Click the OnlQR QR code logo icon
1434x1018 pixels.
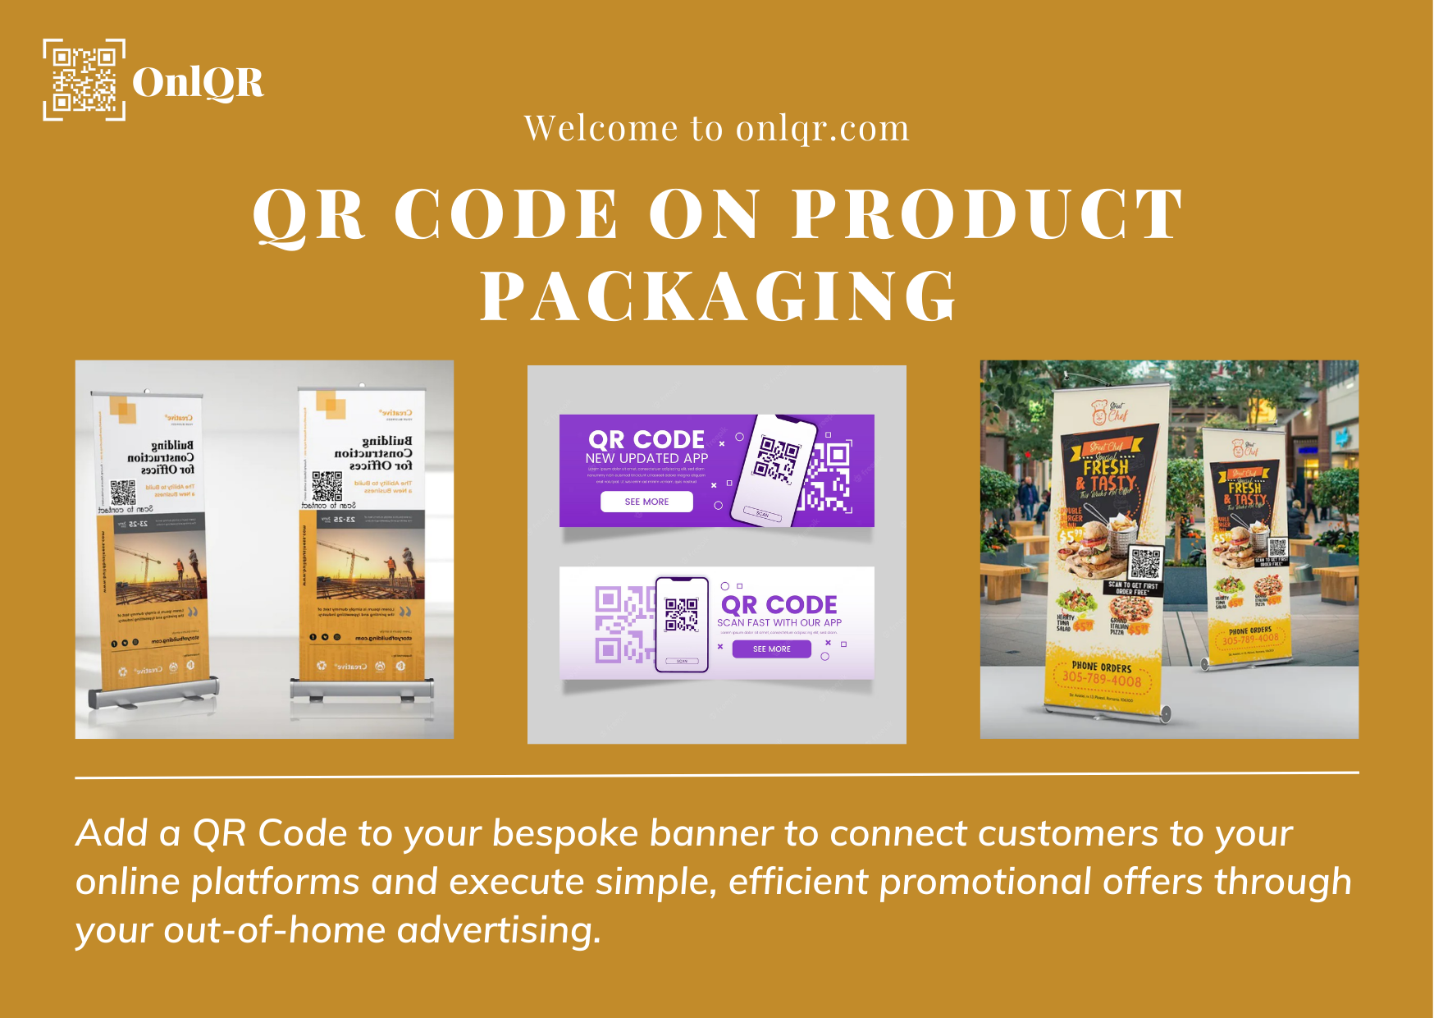tap(84, 80)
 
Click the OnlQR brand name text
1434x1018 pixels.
tap(198, 82)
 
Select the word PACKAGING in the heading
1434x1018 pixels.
tap(718, 296)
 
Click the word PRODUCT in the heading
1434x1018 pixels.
tap(987, 214)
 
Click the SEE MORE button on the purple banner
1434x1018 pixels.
tap(646, 502)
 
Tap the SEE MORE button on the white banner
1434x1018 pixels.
tap(771, 649)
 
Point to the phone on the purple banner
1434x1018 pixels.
tap(774, 470)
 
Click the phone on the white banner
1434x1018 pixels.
tap(681, 624)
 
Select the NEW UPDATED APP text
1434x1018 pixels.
tap(646, 458)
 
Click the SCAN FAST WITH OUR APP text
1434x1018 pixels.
tap(779, 622)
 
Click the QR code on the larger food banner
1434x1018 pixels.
tap(1145, 563)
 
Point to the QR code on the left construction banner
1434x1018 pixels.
tap(123, 492)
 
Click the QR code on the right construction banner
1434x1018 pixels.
tap(327, 486)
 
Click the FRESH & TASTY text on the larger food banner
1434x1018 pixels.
tap(1107, 475)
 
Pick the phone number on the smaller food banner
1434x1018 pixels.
tap(1250, 638)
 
